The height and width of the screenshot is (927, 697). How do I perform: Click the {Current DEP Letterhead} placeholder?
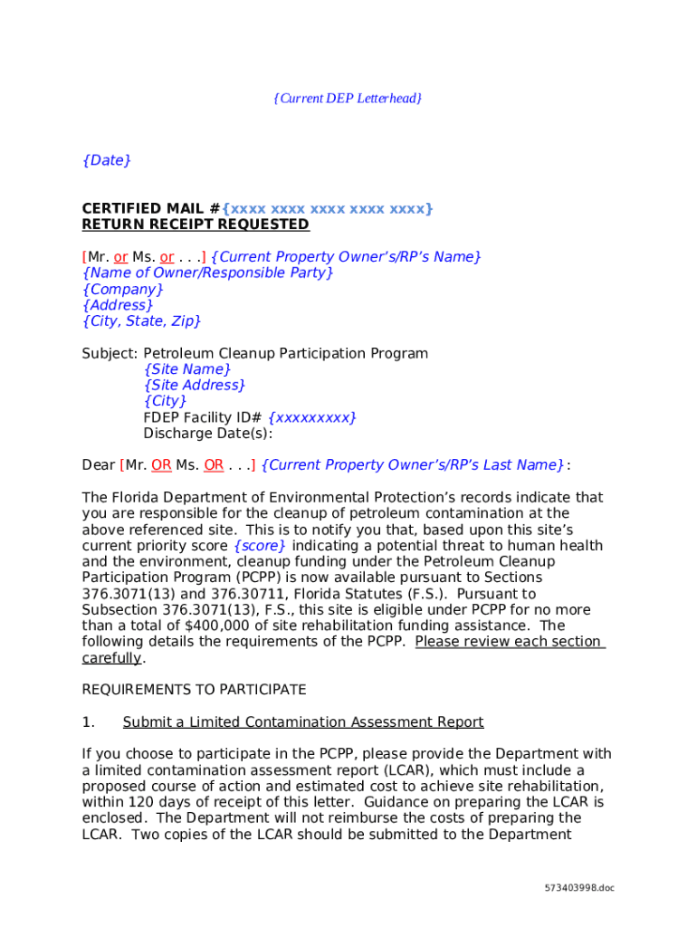point(348,98)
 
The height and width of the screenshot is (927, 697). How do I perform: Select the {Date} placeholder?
point(106,160)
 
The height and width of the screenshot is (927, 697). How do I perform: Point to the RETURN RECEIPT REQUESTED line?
point(196,225)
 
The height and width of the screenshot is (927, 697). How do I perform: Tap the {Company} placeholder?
point(122,290)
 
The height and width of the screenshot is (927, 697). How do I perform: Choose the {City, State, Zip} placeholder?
point(141,321)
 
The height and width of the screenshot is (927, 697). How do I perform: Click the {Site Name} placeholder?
point(187,369)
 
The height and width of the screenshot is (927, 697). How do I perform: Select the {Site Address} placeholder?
point(195,386)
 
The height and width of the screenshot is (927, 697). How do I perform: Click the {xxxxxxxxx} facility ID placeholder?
point(312,417)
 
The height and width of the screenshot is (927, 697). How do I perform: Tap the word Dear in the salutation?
point(99,465)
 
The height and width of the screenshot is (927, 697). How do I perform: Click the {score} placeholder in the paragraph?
point(260,546)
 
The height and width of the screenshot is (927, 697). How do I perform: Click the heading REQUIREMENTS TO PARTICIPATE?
point(195,690)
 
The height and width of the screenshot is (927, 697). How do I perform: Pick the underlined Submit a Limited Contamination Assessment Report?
point(303,722)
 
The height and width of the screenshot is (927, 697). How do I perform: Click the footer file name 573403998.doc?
point(578,888)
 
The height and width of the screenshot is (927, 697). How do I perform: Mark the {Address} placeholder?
point(118,306)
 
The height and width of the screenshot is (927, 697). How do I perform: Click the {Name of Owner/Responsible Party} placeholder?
point(207,273)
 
